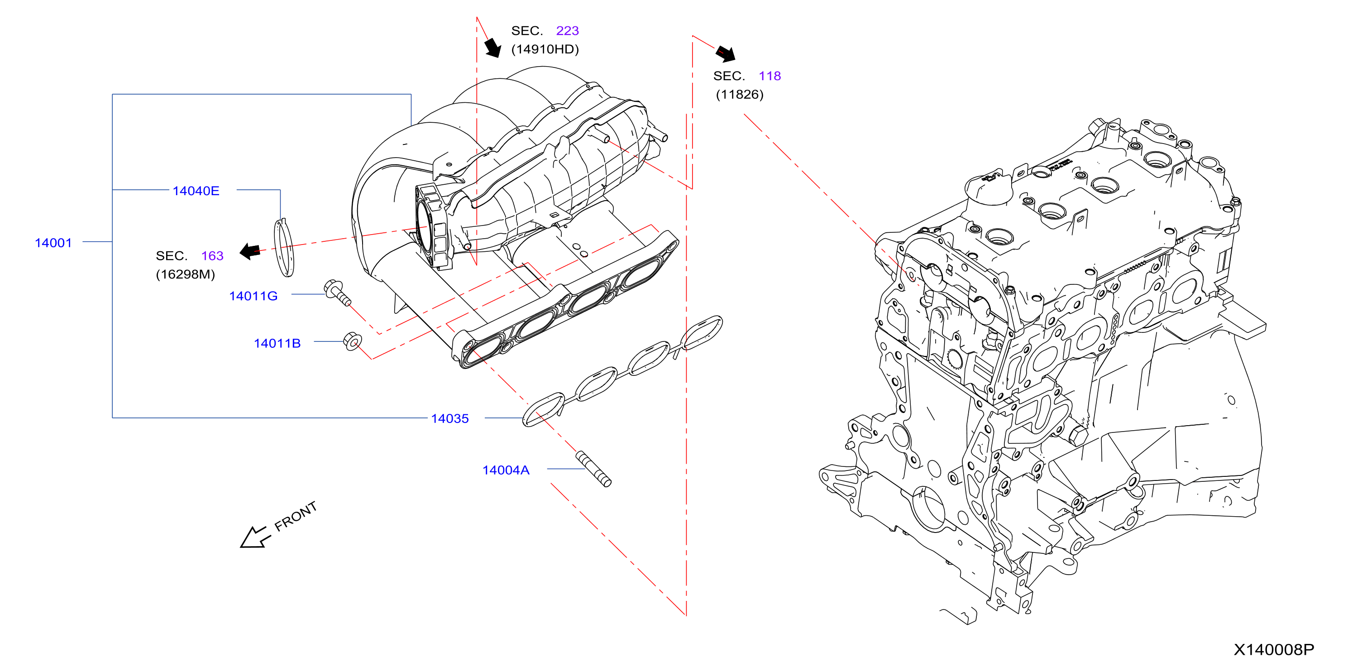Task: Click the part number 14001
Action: (53, 243)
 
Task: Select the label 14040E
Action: (196, 191)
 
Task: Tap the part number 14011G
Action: (253, 296)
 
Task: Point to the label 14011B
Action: (277, 343)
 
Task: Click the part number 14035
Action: (449, 418)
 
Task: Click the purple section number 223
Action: (567, 30)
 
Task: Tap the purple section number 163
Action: (212, 255)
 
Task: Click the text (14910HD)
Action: (545, 49)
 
